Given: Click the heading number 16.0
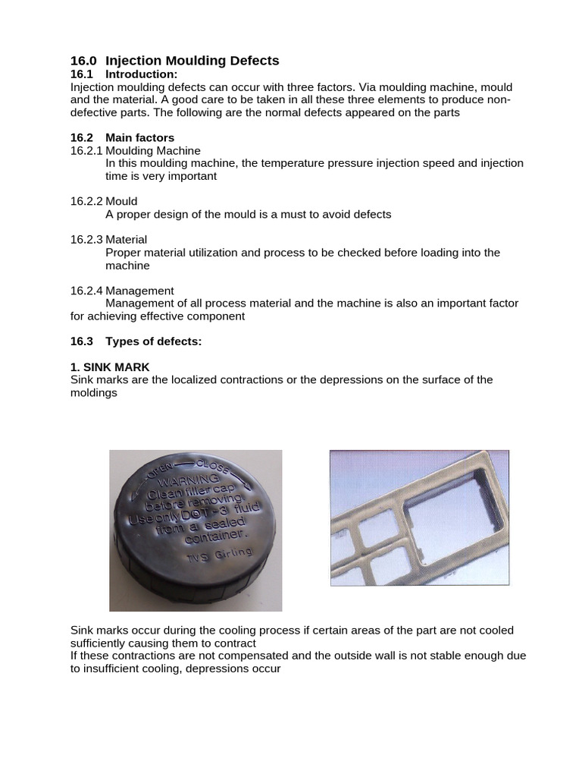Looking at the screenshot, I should coord(83,61).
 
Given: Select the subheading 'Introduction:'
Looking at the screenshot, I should coord(141,74).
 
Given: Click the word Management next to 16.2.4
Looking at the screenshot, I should coord(139,291).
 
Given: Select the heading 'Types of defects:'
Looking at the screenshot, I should coord(153,341).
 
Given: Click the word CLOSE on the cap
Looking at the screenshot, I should coord(213,465).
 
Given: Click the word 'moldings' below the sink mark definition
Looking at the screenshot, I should coord(94,393).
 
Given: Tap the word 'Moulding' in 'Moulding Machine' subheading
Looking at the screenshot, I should coord(130,151).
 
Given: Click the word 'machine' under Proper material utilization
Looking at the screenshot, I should coord(127,266).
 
